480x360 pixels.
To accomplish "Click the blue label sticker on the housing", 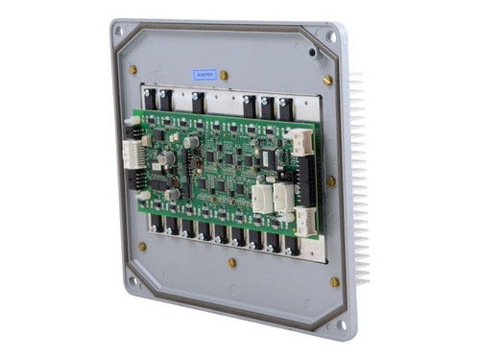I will click(204, 73).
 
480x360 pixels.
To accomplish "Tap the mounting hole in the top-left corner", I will click(119, 31).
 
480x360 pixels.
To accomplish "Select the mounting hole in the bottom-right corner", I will click(342, 324).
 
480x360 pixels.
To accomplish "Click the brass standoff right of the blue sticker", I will click(224, 74).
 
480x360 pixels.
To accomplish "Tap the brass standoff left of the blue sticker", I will click(132, 69).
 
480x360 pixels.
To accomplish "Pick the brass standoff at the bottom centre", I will click(231, 262).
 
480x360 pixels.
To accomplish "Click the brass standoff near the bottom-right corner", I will click(334, 282).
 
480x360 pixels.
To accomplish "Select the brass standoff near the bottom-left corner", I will click(142, 246).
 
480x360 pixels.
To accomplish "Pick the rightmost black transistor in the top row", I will click(286, 108).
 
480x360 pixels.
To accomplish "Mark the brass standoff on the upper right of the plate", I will click(327, 80).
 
